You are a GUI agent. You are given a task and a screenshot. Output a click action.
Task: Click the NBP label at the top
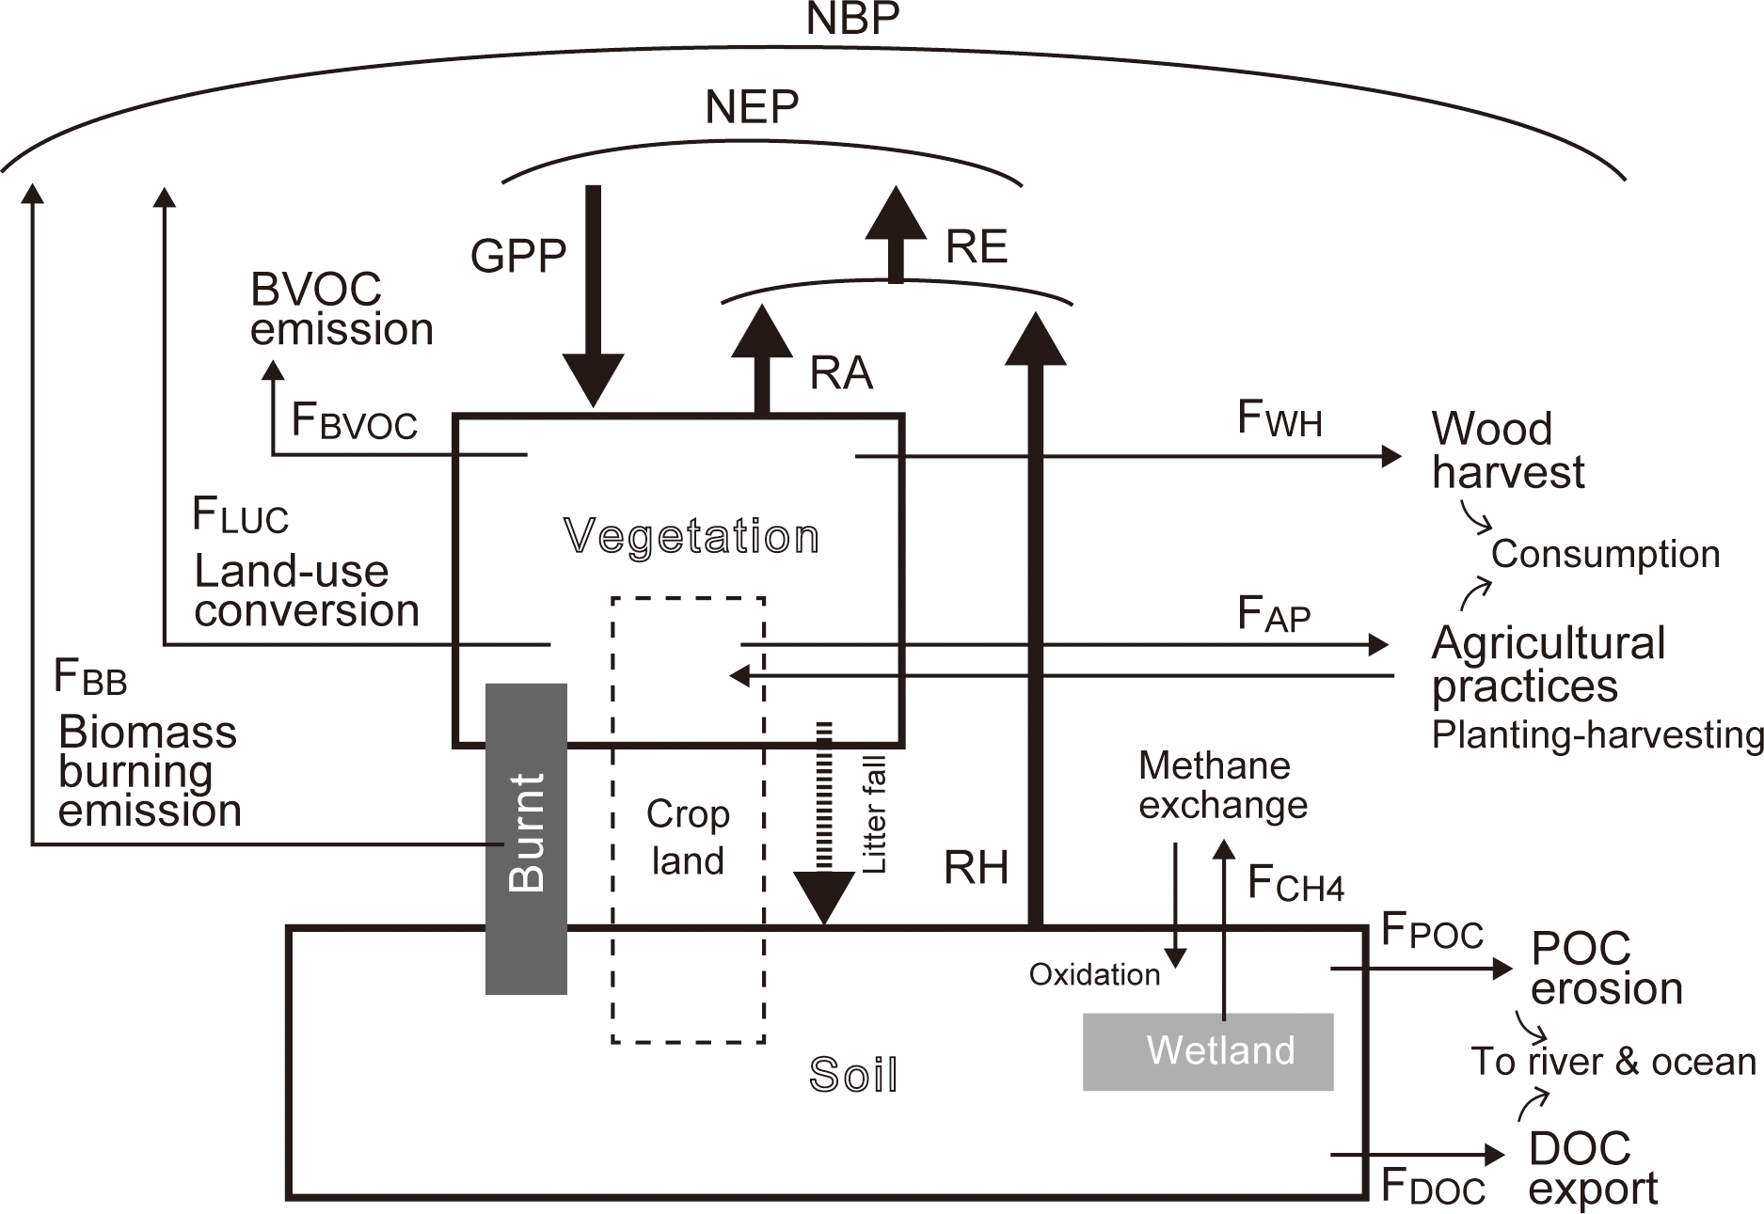pos(852,19)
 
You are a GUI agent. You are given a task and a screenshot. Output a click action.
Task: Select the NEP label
pos(752,107)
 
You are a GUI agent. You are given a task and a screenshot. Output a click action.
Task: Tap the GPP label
pos(518,256)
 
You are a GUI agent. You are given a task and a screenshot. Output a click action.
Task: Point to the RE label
pos(977,247)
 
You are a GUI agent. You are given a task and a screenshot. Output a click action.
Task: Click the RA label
pos(841,373)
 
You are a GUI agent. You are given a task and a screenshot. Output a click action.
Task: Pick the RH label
pos(976,867)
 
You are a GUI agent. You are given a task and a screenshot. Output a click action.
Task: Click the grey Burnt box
pos(526,837)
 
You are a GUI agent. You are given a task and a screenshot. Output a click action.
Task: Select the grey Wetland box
pos(1208,1051)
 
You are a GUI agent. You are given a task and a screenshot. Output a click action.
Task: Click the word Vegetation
pos(691,537)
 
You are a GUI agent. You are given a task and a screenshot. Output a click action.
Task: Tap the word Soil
pos(853,1075)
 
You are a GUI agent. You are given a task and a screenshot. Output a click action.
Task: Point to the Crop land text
pos(688,837)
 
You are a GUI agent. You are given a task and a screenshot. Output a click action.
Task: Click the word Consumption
pos(1605,554)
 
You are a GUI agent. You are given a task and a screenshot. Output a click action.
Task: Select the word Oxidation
pos(1094,974)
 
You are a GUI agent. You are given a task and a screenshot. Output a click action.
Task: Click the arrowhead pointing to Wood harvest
pos(1391,456)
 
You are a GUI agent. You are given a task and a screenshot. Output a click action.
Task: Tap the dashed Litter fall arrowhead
pos(824,898)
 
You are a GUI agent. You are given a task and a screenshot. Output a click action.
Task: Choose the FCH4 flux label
pos(1295,884)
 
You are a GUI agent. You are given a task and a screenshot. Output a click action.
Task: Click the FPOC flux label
pos(1432,931)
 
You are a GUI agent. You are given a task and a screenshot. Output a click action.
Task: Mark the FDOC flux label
pos(1433,1187)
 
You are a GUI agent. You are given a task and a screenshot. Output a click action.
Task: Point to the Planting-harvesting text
pos(1597,734)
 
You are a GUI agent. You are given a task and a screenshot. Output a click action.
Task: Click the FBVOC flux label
pos(354,420)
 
